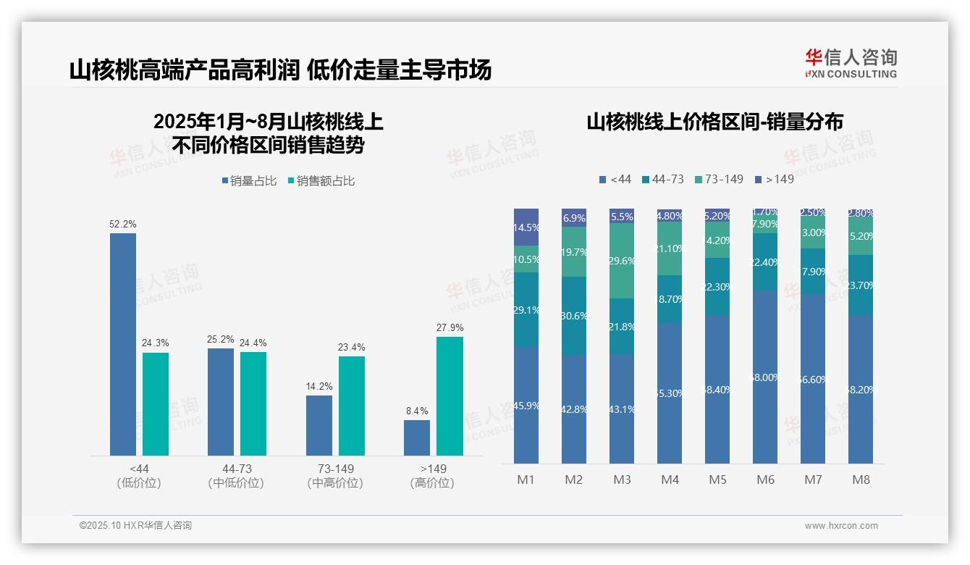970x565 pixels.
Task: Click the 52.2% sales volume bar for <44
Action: pos(123,344)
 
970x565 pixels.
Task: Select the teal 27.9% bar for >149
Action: pos(450,396)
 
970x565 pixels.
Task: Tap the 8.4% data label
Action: pos(417,411)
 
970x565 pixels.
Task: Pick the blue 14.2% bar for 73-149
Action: pos(319,425)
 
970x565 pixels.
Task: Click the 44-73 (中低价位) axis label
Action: pos(236,476)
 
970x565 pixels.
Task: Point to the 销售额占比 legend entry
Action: pos(321,181)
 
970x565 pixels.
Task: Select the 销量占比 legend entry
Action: pos(249,181)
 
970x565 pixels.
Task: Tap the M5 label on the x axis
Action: pos(717,480)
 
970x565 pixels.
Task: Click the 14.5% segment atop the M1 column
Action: pos(526,227)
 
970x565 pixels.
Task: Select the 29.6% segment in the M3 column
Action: pos(622,261)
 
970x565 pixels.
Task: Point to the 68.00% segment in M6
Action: pos(765,377)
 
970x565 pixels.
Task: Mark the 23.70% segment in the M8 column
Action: pos(861,285)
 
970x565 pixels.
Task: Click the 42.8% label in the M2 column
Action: pos(574,409)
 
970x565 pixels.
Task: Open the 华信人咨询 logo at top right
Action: pos(851,63)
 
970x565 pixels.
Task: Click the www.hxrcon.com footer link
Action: pos(841,526)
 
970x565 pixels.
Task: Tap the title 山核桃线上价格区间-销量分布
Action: pos(714,122)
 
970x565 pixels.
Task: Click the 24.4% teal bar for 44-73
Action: pos(253,403)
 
